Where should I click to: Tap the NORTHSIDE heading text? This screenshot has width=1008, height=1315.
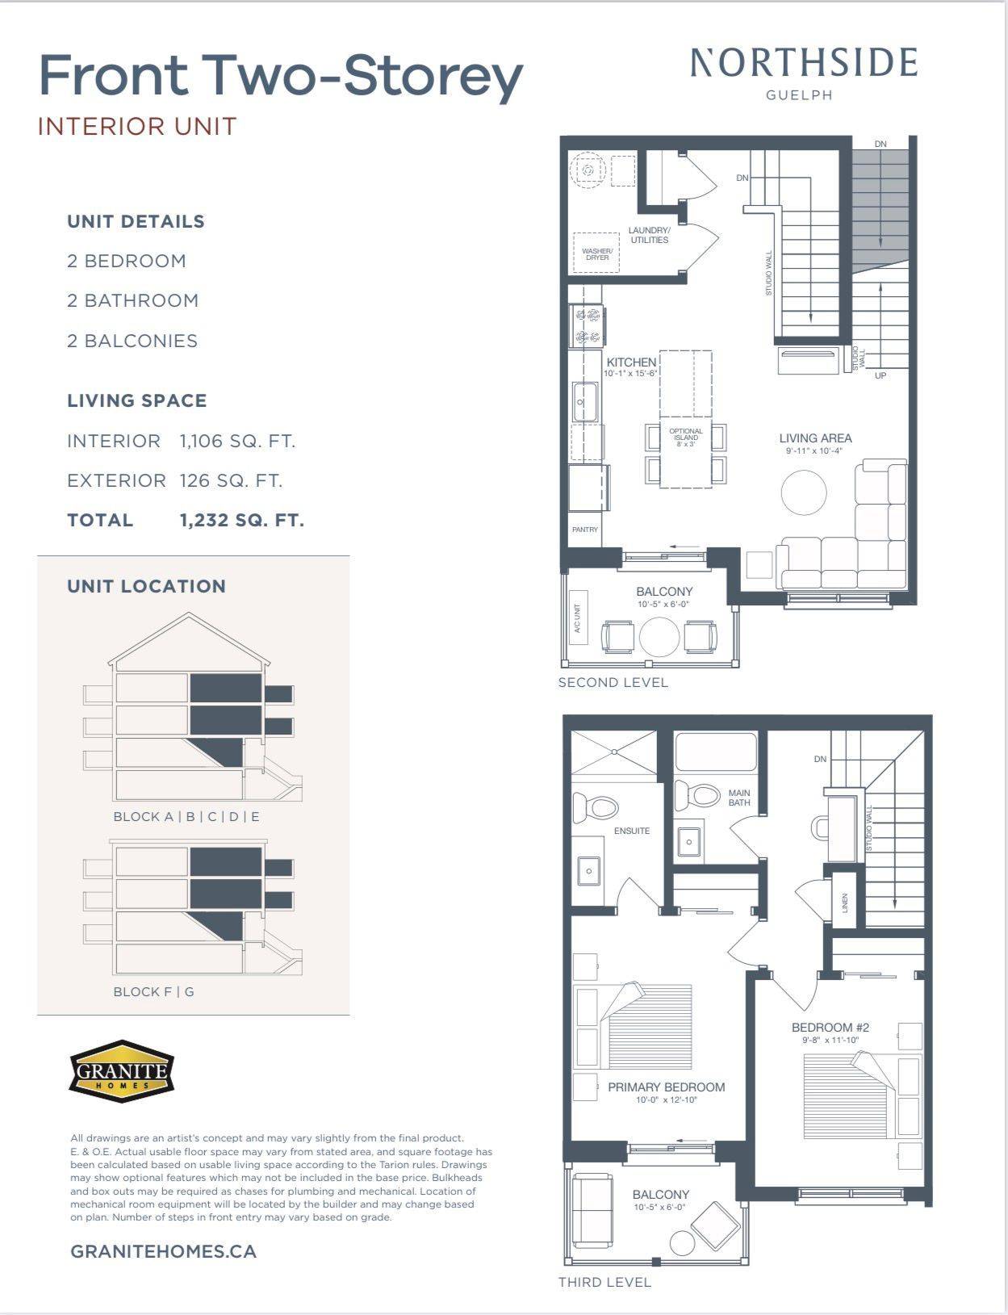coord(804,64)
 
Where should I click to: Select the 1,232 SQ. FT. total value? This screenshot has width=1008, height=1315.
coord(242,521)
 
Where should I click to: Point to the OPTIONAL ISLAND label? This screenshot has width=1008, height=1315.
coord(686,435)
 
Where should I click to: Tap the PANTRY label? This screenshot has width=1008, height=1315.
coord(585,530)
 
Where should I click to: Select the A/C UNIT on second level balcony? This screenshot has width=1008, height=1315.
coord(578,623)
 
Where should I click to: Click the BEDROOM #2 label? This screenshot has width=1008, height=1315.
coord(830,1028)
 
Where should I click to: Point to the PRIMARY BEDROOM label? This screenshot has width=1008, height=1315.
coord(666,1087)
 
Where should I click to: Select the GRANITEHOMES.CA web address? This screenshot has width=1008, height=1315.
coord(164,1251)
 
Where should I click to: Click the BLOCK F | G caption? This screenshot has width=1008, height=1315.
coord(153,991)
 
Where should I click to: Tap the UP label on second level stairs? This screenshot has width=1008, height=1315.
coord(880,375)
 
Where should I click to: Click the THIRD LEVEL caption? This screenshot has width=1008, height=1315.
coord(604,1282)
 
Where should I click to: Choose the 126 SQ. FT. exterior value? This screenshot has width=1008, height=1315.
coord(231,481)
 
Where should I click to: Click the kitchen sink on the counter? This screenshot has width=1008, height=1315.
coord(584,400)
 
